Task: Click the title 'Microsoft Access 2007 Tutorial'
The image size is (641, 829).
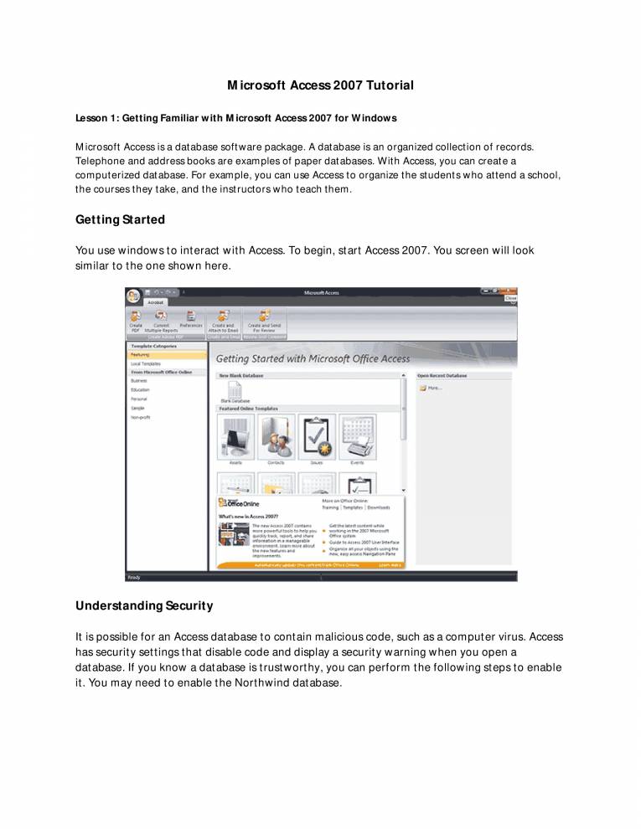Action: pos(320,85)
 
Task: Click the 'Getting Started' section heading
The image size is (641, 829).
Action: pos(120,220)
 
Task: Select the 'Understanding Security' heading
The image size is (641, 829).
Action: pos(144,605)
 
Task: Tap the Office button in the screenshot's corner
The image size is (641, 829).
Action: pos(133,296)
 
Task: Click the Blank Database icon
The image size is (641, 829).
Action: pos(235,391)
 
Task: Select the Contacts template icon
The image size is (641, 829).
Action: pos(276,437)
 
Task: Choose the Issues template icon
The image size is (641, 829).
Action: pos(316,437)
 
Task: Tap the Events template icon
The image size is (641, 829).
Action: pos(357,437)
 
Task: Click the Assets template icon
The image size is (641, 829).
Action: pos(235,437)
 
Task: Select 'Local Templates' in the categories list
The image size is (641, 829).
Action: pos(146,363)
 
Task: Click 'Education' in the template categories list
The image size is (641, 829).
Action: pos(140,389)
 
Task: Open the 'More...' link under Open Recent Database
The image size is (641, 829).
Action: pos(432,389)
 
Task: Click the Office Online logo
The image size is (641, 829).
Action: pos(240,503)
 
